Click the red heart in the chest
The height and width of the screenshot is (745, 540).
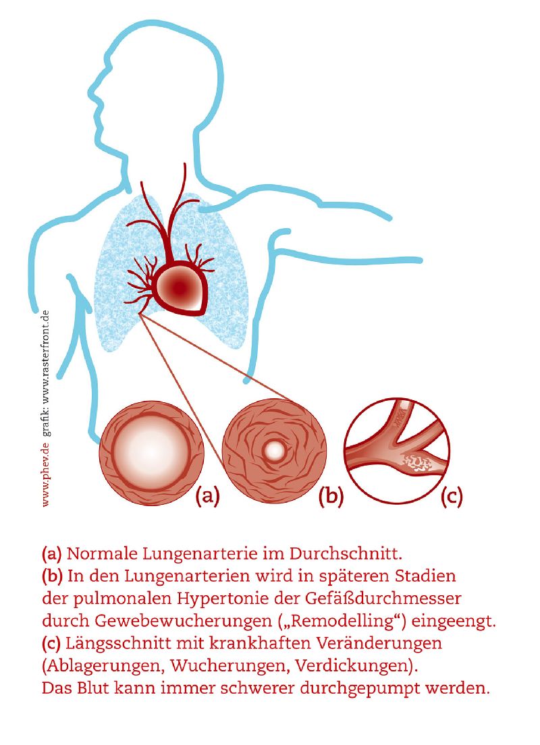pyautogui.click(x=181, y=288)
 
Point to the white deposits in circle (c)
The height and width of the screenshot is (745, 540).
pyautogui.click(x=416, y=462)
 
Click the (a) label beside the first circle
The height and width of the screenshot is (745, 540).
pyautogui.click(x=208, y=495)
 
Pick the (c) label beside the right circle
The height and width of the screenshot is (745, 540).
pyautogui.click(x=451, y=495)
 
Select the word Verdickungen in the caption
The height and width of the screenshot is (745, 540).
pyautogui.click(x=352, y=665)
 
